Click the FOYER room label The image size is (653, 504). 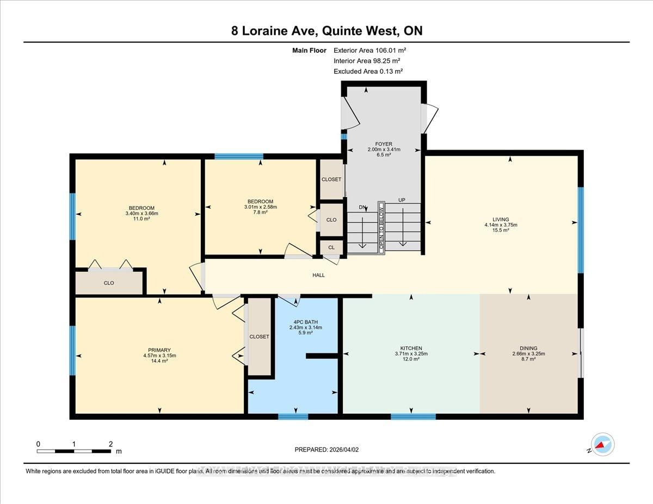[x=384, y=144]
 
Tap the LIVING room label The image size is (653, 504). [x=501, y=219]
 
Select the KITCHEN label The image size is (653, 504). [x=411, y=349]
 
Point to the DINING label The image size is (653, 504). [x=528, y=349]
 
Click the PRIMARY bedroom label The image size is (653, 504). [x=159, y=350]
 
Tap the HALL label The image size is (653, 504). [x=318, y=275]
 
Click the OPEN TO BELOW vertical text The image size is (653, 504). [x=381, y=228]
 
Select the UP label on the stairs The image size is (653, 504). [x=402, y=200]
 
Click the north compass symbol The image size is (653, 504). [x=602, y=444]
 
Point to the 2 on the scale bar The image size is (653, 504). [x=110, y=444]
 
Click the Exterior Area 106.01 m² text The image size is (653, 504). [x=369, y=51]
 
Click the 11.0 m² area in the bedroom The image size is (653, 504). [x=141, y=219]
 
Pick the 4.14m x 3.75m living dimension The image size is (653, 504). [x=501, y=225]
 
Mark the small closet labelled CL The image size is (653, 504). [x=331, y=247]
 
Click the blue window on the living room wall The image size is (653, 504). [x=580, y=229]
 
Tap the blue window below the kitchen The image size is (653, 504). [x=413, y=417]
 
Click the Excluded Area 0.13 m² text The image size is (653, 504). [x=368, y=71]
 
